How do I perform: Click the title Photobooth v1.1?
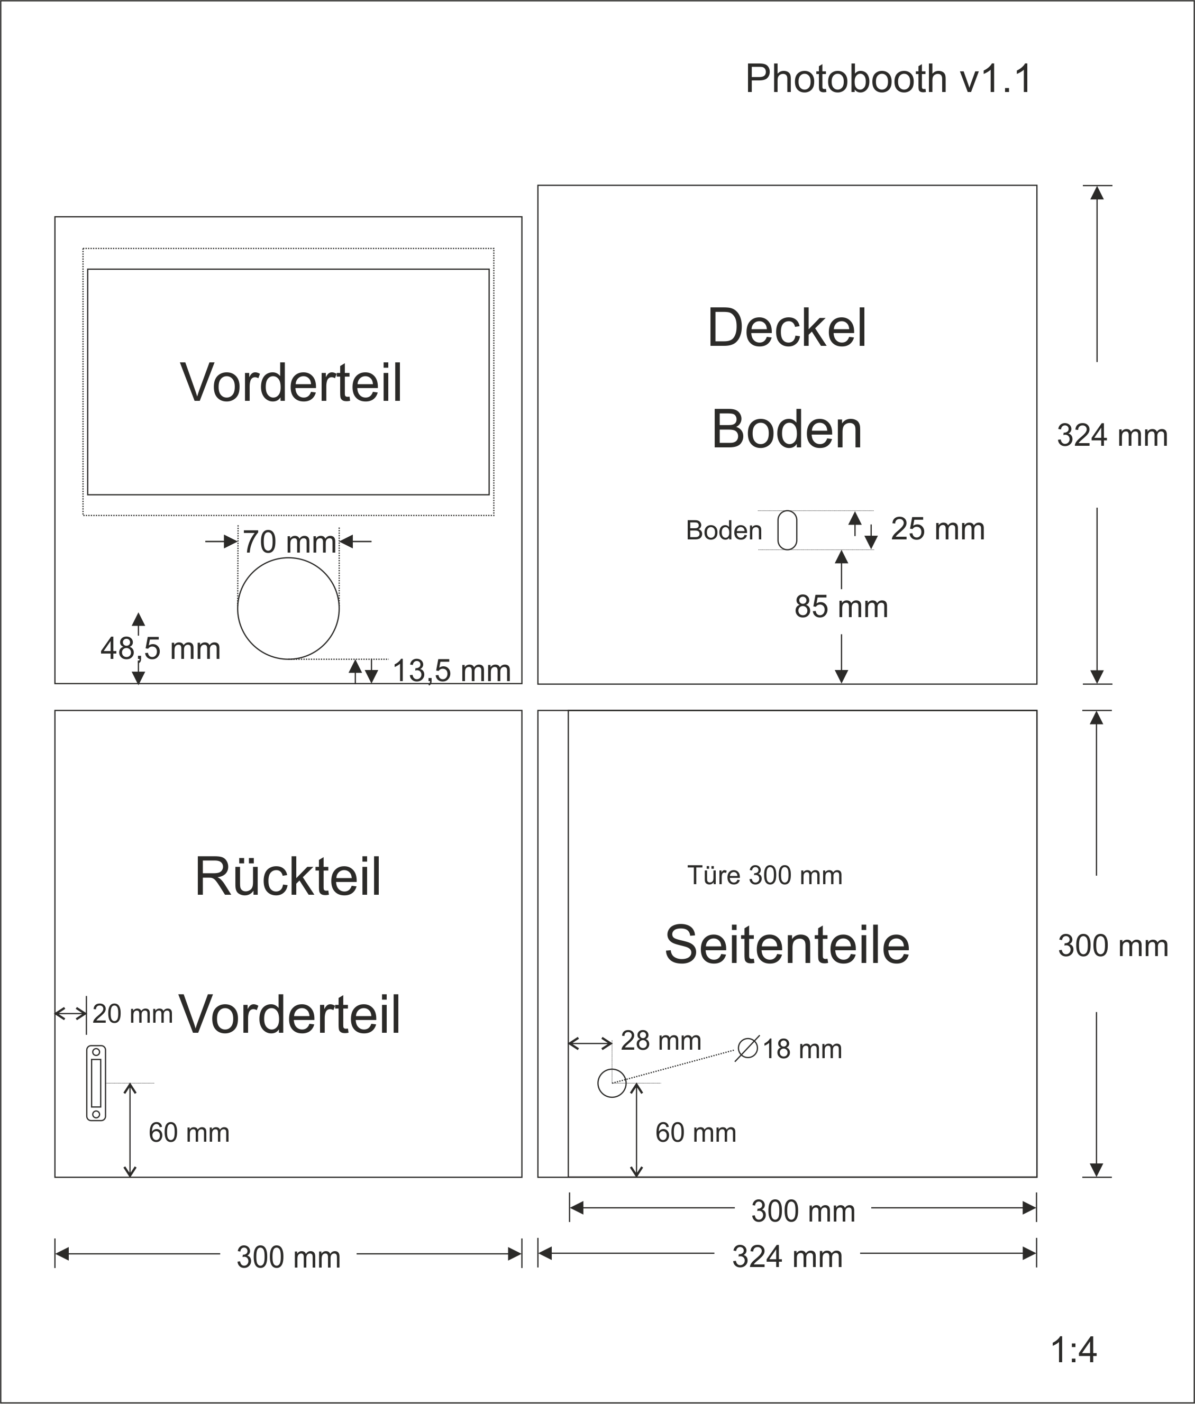tap(888, 79)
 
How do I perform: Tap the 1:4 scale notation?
tap(1074, 1350)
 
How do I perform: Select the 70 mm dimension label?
tap(289, 542)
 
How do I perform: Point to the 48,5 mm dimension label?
tap(161, 649)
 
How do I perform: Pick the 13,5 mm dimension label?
tap(451, 671)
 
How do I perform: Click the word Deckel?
tap(787, 328)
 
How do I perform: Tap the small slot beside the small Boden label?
tap(787, 530)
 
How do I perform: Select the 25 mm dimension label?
tap(937, 529)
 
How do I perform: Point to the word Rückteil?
tap(288, 877)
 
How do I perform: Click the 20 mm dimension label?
tap(132, 1014)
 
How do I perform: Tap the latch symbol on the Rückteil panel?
tap(96, 1083)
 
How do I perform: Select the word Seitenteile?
tap(787, 945)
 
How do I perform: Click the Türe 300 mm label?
tap(765, 876)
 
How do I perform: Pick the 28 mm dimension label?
tap(661, 1040)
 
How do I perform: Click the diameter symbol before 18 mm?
tap(747, 1049)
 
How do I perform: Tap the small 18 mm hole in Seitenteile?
tap(612, 1083)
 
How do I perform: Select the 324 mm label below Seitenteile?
tap(787, 1257)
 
